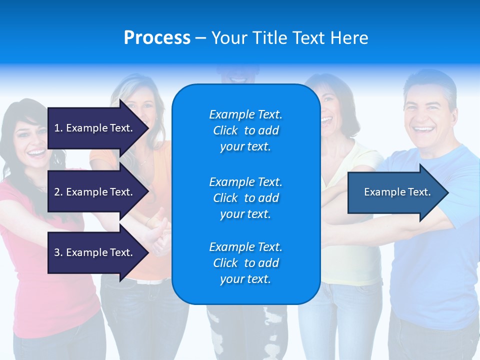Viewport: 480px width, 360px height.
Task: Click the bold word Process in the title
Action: [x=157, y=38]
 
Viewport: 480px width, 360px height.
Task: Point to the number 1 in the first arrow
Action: [x=57, y=128]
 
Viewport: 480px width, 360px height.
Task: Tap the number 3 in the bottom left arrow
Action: [x=57, y=252]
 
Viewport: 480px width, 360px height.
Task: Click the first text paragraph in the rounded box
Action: [x=245, y=130]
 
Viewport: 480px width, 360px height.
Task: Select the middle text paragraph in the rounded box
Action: [x=245, y=198]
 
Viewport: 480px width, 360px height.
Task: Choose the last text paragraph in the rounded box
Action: [x=245, y=263]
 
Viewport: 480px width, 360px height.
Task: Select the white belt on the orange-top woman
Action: [x=150, y=281]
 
